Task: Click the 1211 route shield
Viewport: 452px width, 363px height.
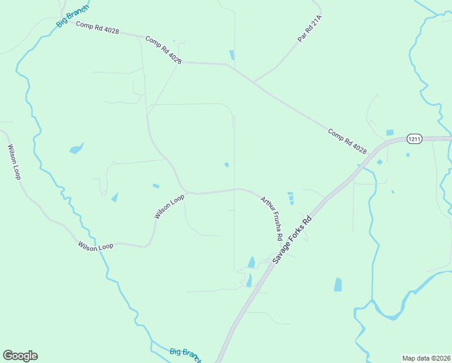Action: [x=414, y=139]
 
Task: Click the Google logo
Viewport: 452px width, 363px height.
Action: [x=20, y=356]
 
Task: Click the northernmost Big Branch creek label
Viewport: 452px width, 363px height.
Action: [x=72, y=16]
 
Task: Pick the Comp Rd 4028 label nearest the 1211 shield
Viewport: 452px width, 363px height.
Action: [x=347, y=140]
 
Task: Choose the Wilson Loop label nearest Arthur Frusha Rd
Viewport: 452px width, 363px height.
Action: [x=169, y=207]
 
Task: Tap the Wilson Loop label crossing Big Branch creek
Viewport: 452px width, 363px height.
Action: [x=95, y=246]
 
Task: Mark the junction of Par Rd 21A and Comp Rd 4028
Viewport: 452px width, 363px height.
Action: [x=253, y=82]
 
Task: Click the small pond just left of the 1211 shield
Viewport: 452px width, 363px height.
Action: [x=390, y=132]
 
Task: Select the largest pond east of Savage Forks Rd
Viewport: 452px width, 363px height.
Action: [x=338, y=284]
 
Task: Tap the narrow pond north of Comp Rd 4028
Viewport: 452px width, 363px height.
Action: [x=231, y=55]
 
